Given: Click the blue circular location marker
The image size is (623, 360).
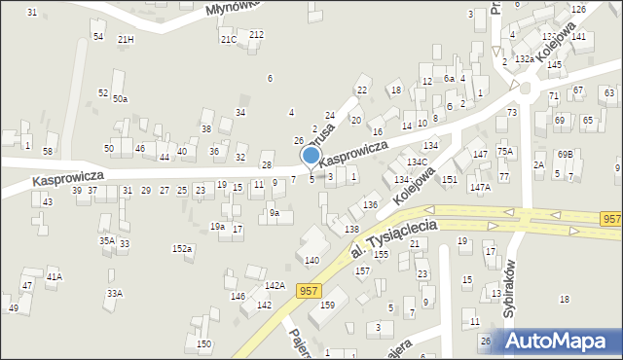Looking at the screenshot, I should point(311,155).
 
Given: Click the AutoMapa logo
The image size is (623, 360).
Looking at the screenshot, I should point(559,342).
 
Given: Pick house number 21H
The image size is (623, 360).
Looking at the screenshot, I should point(126,39).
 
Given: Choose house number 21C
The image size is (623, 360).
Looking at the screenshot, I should point(228,39).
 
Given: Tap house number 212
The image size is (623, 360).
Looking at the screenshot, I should point(256,34).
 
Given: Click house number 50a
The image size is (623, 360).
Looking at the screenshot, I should point(119,98).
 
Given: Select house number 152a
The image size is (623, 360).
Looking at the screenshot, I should point(182,249).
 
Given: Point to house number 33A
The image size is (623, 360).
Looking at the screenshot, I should point(114,293).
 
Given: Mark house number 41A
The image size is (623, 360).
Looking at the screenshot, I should point(55,276).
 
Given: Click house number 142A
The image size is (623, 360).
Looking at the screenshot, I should point(275,285).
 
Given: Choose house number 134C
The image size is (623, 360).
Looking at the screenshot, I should point(418,162).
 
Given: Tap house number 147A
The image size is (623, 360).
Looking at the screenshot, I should point(480,187).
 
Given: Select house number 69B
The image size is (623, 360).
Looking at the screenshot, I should point(565,155).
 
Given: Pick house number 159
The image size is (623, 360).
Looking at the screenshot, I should point(328,305).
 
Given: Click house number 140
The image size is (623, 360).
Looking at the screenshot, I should point(311,260).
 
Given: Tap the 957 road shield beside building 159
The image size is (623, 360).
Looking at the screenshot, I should point(309,290).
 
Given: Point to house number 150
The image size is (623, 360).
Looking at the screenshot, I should point(203,343).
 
